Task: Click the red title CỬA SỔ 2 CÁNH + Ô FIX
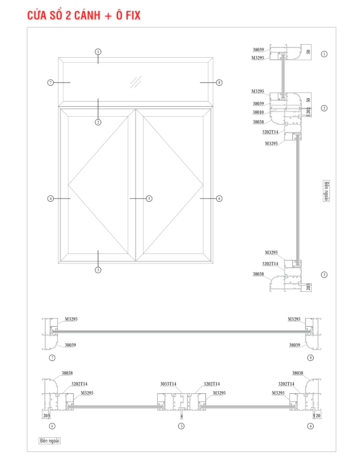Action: click(84, 15)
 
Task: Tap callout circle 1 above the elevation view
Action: click(98, 52)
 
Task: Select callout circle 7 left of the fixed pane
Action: click(50, 82)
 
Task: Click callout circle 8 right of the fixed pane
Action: click(219, 82)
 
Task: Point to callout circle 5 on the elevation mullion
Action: click(149, 198)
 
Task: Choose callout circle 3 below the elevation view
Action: click(98, 270)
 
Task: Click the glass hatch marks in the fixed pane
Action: click(136, 82)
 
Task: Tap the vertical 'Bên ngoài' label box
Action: click(326, 191)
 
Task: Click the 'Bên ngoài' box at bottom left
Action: click(50, 441)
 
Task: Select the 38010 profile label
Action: click(258, 112)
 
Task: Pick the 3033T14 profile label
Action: click(168, 384)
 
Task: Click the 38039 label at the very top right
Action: click(258, 50)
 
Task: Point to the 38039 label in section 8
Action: click(294, 345)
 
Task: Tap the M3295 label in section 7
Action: click(71, 319)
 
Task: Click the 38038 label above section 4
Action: click(67, 373)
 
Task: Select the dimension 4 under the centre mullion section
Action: click(181, 416)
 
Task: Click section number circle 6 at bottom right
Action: click(310, 426)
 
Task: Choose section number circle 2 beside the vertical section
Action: click(324, 108)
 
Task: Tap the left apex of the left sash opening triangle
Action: click(68, 185)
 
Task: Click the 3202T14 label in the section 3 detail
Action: click(270, 264)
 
